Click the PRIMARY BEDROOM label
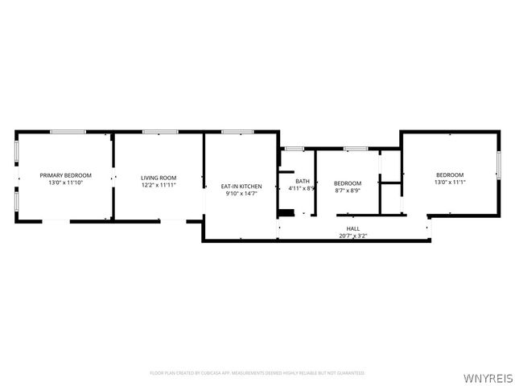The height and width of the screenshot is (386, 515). point(66,175)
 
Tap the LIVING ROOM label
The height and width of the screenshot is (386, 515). point(159,178)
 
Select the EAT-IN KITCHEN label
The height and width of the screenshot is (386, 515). point(241,187)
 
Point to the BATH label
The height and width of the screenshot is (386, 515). point(302,181)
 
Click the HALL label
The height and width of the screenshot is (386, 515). point(353,228)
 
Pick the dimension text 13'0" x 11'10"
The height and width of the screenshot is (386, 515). point(66,183)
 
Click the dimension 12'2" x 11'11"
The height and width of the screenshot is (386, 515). point(159,185)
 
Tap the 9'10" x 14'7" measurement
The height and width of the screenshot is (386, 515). point(241,194)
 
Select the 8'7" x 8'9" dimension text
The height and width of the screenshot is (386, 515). point(348,191)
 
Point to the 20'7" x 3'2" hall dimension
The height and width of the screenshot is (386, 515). point(353,236)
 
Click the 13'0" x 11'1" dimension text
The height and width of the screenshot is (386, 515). point(450,183)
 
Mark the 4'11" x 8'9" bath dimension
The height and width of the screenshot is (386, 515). point(302,189)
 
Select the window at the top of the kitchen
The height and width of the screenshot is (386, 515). point(237,132)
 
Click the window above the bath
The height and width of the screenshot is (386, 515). point(295,149)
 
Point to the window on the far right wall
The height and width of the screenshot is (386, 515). point(498,165)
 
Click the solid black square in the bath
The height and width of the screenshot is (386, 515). point(286,213)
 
